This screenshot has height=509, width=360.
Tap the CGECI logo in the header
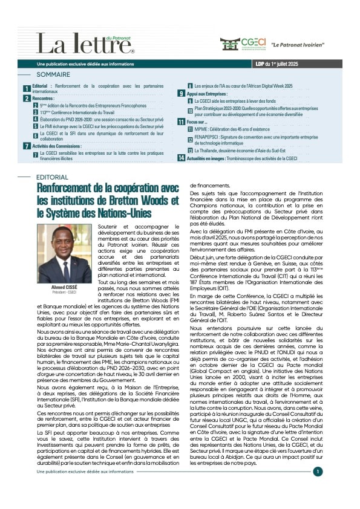point(243,44)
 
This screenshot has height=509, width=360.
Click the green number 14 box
point(181,158)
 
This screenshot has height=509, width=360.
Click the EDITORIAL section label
point(53,178)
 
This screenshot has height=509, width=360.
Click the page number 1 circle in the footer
point(318,472)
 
